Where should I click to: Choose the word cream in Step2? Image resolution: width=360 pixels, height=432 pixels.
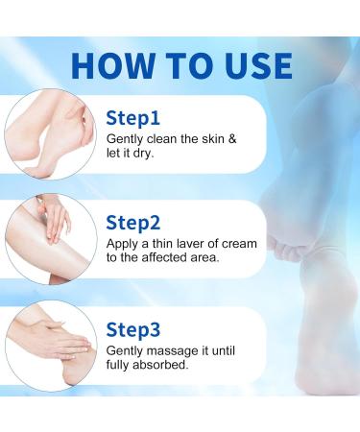tap(238, 243)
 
